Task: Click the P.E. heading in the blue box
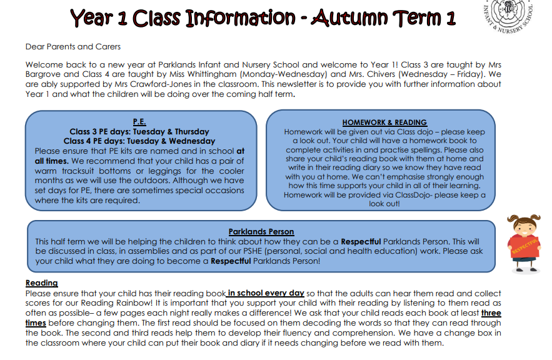click(x=139, y=122)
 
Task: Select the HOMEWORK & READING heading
click(x=384, y=122)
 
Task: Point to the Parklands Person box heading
click(x=261, y=232)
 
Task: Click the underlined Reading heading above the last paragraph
click(x=41, y=283)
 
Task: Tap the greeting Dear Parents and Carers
click(x=73, y=47)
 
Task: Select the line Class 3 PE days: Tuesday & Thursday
click(x=139, y=132)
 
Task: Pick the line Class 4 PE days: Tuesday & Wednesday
click(x=139, y=141)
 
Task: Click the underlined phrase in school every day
click(x=266, y=293)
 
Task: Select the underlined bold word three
click(x=491, y=313)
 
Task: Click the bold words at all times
click(x=52, y=161)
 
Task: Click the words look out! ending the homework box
click(x=384, y=204)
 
